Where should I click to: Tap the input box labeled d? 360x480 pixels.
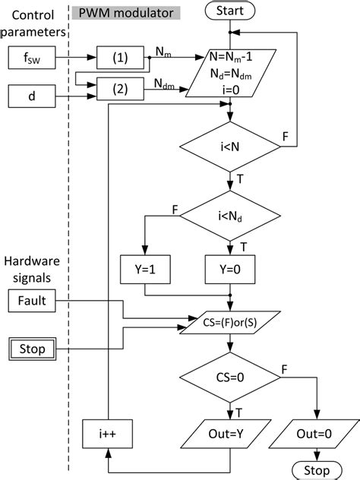click(x=30, y=96)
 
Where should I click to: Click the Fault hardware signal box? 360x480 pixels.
click(x=30, y=301)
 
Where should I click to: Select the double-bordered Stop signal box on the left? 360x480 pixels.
click(x=30, y=349)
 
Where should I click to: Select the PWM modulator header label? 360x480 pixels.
click(x=125, y=13)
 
